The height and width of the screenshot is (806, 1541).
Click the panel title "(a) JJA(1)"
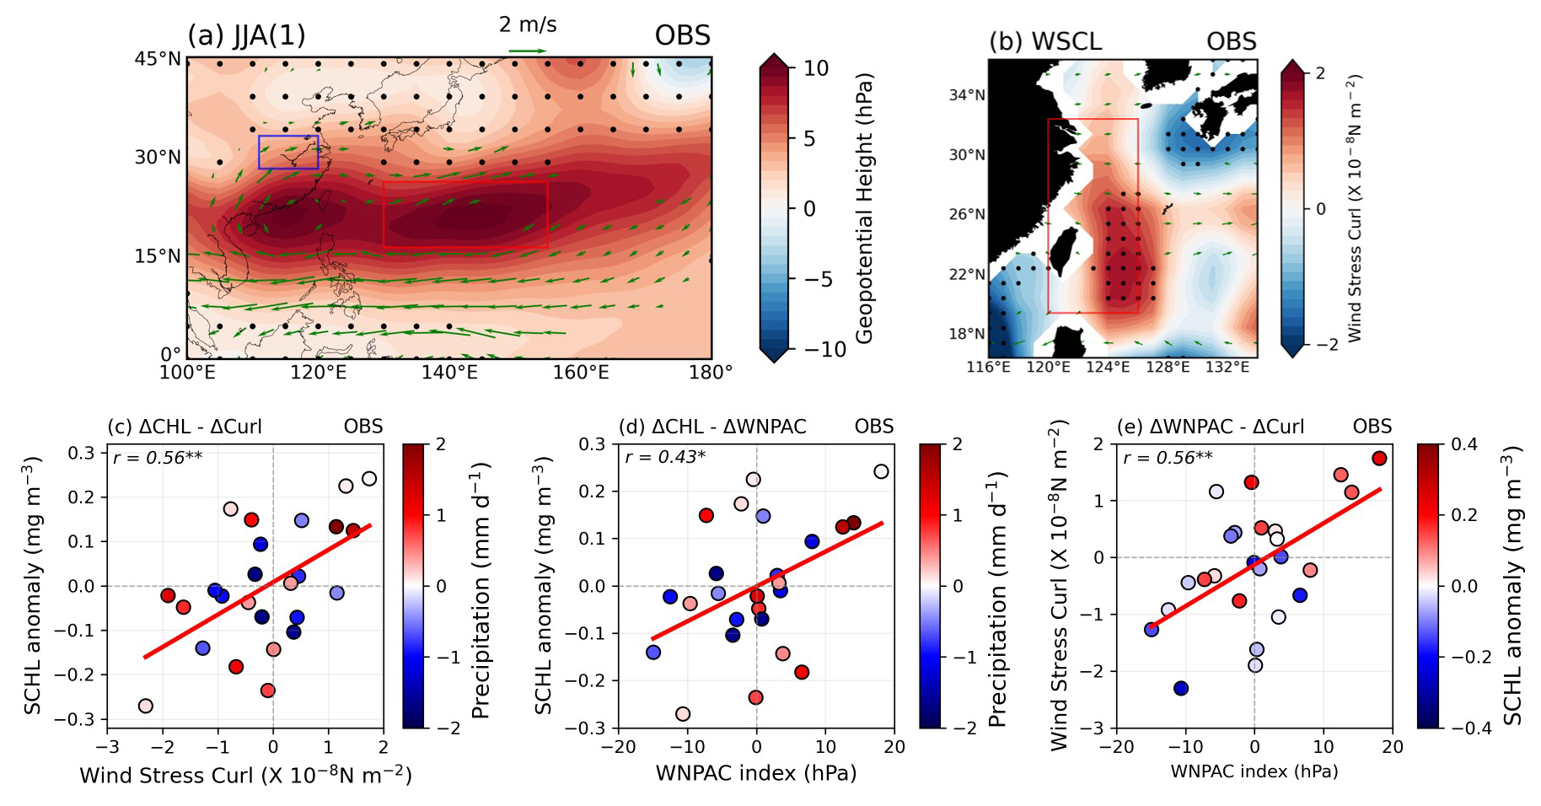(246, 36)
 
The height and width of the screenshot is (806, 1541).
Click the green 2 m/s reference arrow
(528, 51)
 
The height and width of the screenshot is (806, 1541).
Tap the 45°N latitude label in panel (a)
(158, 59)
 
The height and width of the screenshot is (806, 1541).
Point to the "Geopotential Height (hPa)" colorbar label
(864, 208)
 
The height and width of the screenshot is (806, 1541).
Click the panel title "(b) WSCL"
(1044, 41)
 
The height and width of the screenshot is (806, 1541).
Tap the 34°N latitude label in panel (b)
(966, 95)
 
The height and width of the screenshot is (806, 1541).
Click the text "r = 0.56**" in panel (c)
(157, 458)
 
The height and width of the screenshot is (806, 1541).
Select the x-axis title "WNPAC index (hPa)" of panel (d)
(756, 773)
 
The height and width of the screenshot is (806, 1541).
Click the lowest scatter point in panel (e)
(1180, 688)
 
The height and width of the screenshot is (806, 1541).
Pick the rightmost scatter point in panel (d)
(881, 471)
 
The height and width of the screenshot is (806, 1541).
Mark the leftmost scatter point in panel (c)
(146, 706)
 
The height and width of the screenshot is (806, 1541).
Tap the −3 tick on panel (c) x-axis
(107, 747)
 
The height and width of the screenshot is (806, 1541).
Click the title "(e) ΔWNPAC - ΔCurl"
(1210, 427)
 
